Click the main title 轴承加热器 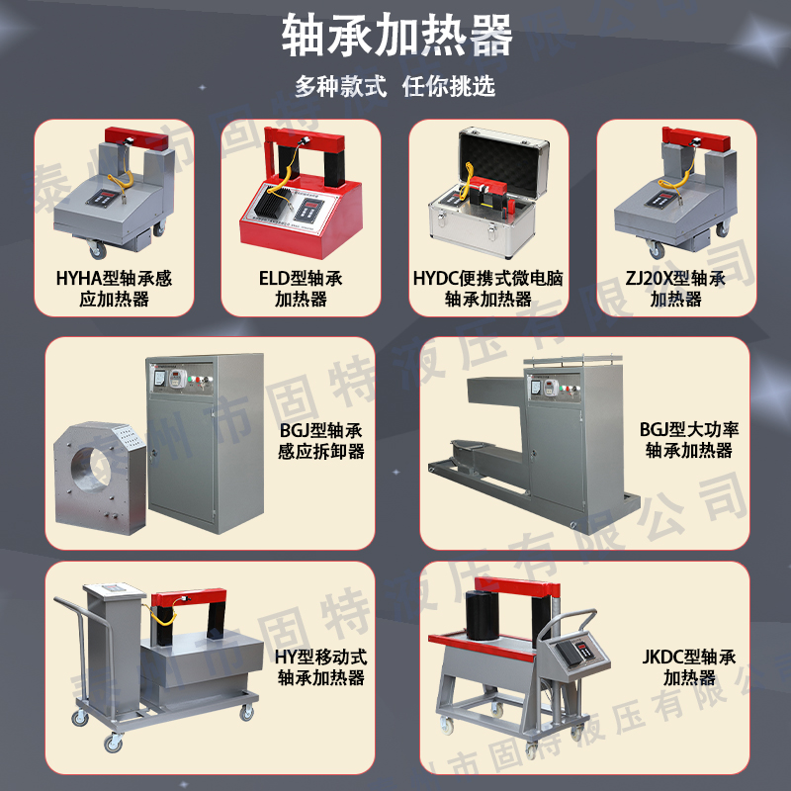[x=395, y=37]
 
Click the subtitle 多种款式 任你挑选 [x=395, y=86]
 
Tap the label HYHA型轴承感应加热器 [x=114, y=288]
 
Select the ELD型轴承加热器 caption [x=301, y=288]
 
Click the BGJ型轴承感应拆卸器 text [x=321, y=440]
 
